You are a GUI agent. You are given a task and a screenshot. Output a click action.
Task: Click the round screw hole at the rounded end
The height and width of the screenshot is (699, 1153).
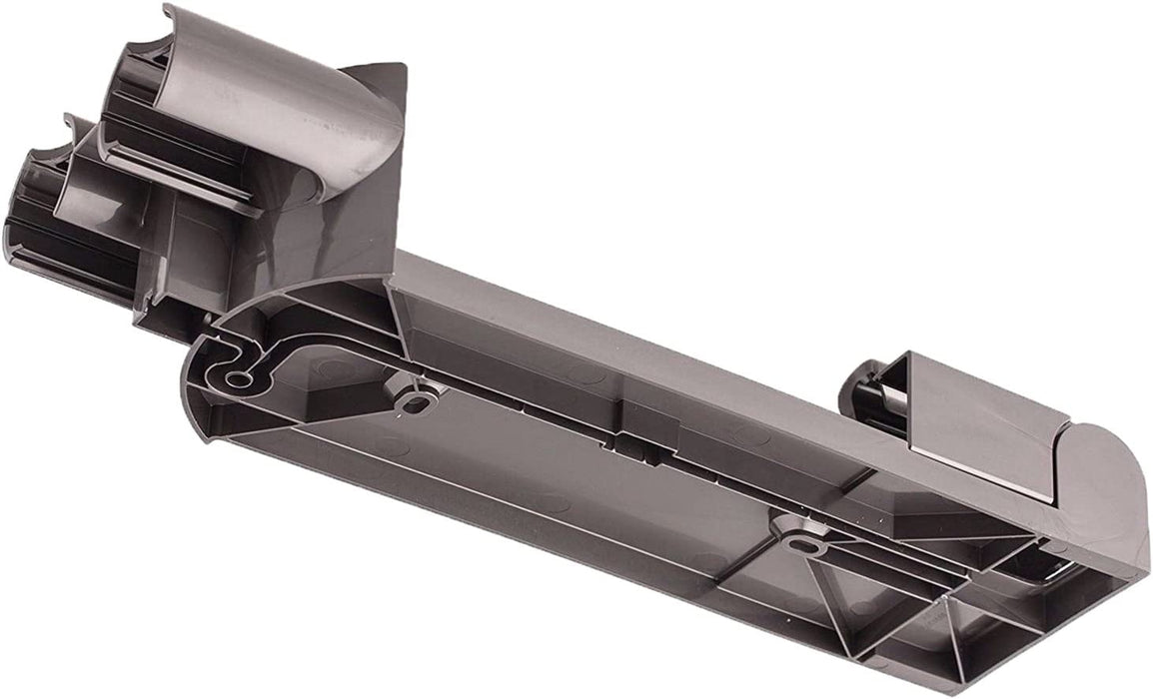coord(238,378)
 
